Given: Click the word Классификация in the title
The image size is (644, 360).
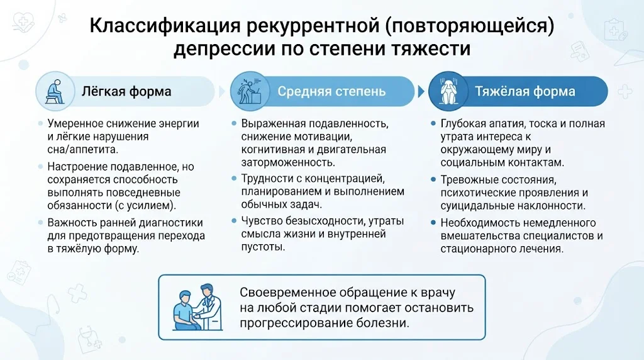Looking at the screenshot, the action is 165,26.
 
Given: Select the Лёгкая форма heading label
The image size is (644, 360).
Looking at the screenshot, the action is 126,91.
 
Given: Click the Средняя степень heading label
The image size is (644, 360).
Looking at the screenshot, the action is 331,91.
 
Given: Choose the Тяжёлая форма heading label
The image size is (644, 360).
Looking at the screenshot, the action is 525,91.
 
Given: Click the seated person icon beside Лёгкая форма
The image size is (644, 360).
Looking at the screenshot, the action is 55,92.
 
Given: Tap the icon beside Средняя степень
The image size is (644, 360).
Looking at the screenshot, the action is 250,91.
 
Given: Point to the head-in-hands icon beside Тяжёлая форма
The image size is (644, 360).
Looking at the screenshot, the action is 448,91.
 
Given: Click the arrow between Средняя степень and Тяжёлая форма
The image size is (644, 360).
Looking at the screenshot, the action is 421,91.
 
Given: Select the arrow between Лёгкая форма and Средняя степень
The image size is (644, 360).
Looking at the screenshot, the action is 222,91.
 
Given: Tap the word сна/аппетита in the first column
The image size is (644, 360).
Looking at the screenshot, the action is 82,150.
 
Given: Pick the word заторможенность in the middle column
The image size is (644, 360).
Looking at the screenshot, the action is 288,163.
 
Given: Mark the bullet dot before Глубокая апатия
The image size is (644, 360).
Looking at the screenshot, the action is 433,123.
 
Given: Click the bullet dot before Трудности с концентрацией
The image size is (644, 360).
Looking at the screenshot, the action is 234,178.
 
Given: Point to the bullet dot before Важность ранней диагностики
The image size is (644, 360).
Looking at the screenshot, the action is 40,222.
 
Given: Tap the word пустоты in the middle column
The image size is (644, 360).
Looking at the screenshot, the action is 263,247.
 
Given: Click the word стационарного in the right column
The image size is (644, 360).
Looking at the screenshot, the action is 480,249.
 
